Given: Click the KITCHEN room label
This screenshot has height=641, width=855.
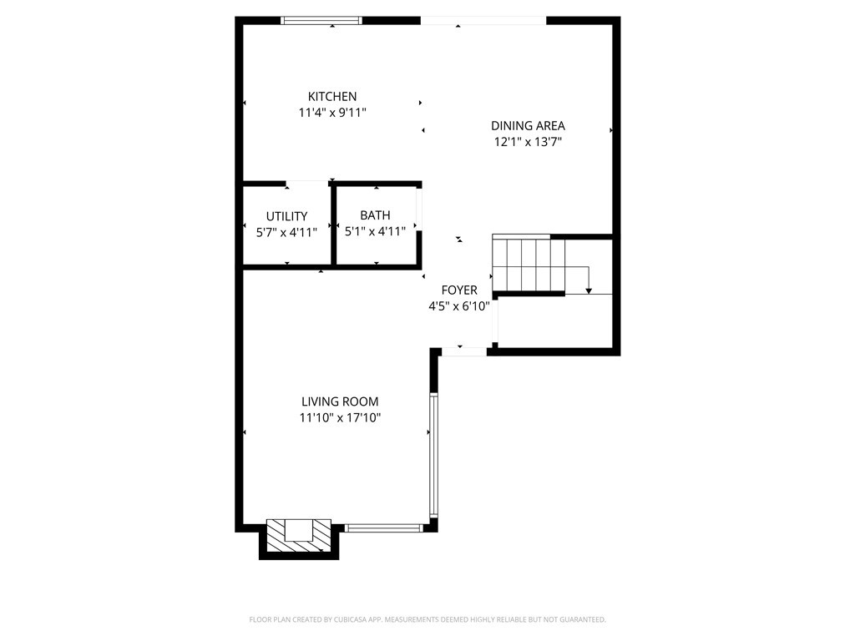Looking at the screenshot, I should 331,97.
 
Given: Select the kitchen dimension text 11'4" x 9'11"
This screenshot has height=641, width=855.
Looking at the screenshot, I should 331,112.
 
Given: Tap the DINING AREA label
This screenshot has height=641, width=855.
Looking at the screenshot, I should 527,126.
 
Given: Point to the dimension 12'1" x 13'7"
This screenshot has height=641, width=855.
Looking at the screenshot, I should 527,142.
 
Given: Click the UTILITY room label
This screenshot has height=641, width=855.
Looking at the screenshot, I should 286,216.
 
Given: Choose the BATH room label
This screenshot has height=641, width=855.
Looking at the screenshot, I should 375,215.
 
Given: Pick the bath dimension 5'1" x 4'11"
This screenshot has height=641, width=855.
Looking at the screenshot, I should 375,231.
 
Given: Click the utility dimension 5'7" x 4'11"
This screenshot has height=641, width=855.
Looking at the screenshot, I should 286,232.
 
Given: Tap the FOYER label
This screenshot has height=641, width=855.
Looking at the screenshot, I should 459,290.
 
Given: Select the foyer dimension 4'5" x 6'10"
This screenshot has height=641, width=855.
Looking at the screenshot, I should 459,306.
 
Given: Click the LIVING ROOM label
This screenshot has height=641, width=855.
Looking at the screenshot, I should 340,401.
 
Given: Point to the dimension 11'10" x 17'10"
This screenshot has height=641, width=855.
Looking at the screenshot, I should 340,417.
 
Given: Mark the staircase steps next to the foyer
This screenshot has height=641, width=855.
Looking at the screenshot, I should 522,265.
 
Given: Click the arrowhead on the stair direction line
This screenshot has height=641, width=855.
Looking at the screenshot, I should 589,290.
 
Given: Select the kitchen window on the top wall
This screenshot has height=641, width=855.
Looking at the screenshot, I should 321,20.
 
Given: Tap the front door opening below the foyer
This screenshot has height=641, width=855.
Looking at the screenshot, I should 464,352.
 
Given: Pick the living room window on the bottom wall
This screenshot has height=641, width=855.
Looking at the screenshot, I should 384,527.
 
